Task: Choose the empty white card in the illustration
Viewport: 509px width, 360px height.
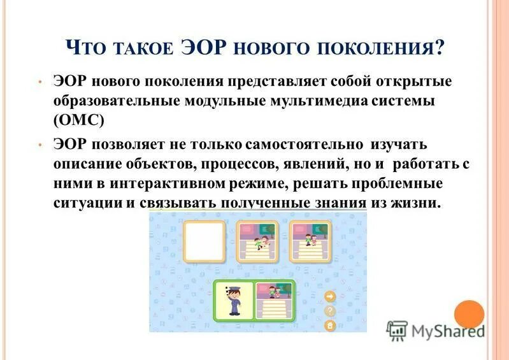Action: (x=204, y=241)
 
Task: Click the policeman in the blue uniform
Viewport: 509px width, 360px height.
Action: (x=234, y=300)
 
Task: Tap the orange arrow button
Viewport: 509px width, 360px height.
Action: (x=330, y=296)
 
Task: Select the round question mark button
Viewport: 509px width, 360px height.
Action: (x=330, y=311)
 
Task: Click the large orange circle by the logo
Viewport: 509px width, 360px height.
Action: (x=469, y=314)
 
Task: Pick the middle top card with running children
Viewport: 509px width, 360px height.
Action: (x=257, y=241)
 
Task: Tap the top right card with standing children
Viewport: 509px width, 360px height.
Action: (x=310, y=241)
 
